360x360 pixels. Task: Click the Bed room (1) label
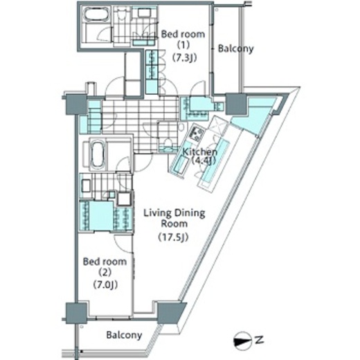tap(183, 39)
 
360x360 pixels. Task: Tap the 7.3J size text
tap(185, 58)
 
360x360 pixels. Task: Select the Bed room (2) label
tap(105, 267)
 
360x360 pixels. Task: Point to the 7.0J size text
tap(105, 285)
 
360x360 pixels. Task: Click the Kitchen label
tap(200, 152)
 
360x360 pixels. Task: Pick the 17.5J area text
tap(173, 237)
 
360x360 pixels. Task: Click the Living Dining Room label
tap(174, 218)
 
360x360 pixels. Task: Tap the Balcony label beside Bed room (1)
tap(235, 48)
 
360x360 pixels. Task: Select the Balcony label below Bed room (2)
tap(124, 335)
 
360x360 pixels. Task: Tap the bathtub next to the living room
tap(97, 154)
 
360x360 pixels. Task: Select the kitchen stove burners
tap(196, 134)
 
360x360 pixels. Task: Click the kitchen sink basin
tap(181, 164)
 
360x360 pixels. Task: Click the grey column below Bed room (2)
tap(76, 313)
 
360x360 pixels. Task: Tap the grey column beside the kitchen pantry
tap(235, 104)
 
